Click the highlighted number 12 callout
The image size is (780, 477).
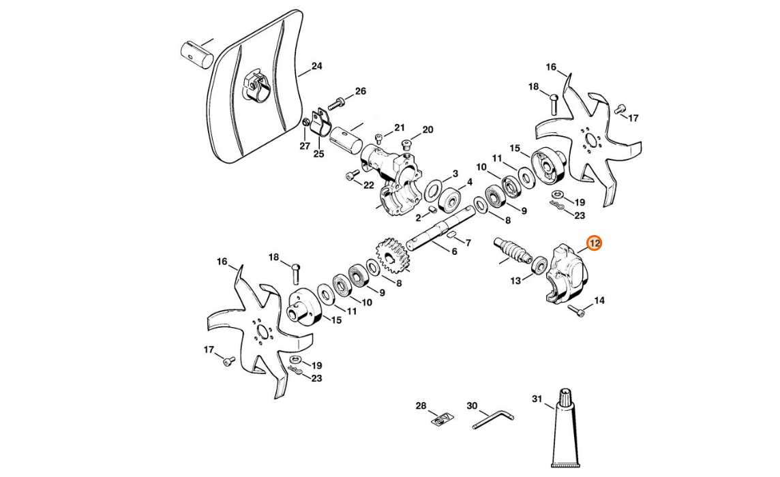(x=594, y=243)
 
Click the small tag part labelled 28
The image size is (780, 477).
(x=441, y=420)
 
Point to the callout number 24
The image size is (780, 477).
(x=316, y=67)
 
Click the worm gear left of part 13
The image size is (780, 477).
(x=511, y=250)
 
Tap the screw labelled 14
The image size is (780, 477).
(x=580, y=313)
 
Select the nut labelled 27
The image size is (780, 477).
(x=306, y=123)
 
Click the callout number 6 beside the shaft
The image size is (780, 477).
(x=454, y=251)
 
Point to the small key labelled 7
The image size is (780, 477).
(x=452, y=235)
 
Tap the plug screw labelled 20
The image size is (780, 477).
(x=407, y=144)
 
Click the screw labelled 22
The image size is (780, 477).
(x=352, y=175)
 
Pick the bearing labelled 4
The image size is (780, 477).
(x=449, y=200)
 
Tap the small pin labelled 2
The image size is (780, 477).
(x=432, y=209)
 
